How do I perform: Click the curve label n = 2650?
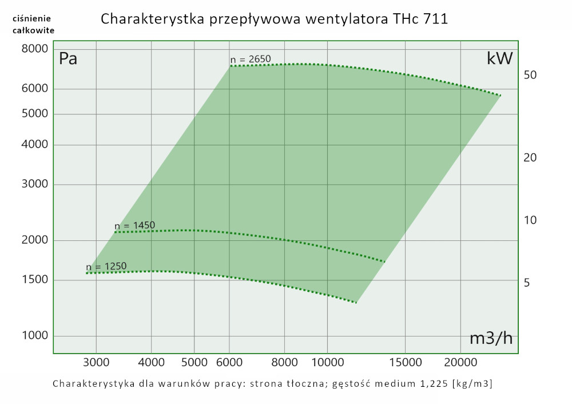click(x=251, y=60)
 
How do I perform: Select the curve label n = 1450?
click(x=135, y=225)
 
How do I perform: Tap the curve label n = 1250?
click(x=106, y=267)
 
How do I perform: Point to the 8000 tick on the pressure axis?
click(x=35, y=49)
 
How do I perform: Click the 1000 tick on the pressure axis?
click(x=35, y=336)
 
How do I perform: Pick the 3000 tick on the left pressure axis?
click(x=35, y=184)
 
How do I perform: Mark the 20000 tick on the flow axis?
click(x=460, y=363)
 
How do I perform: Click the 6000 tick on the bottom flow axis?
click(x=229, y=363)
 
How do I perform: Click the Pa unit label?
click(x=68, y=58)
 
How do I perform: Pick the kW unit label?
click(x=499, y=58)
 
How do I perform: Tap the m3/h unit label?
click(x=491, y=339)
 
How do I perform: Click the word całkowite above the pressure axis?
click(x=33, y=30)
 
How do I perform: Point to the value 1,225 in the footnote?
click(x=428, y=383)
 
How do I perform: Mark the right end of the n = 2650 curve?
click(x=500, y=95)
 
